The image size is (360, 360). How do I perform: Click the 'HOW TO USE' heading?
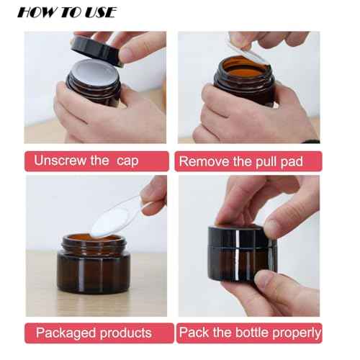click(x=66, y=12)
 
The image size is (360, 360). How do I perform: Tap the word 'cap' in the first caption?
click(x=127, y=161)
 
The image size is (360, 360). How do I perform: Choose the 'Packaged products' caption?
click(x=94, y=333)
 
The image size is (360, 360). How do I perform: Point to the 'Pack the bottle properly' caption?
click(x=250, y=333)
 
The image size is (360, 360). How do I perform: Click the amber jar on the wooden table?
click(x=94, y=270)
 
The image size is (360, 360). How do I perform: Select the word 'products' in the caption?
click(x=124, y=333)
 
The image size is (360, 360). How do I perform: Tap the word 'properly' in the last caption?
click(x=295, y=333)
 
